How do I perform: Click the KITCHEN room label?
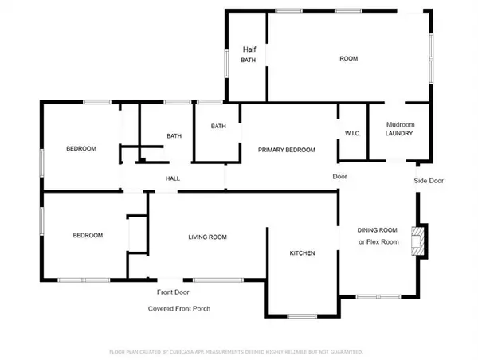pyautogui.click(x=302, y=253)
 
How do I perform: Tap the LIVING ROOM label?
pyautogui.click(x=208, y=237)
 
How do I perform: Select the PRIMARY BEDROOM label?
pyautogui.click(x=286, y=150)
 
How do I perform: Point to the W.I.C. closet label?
pyautogui.click(x=353, y=133)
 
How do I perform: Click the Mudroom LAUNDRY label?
pyautogui.click(x=399, y=129)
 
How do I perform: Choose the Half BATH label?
pyautogui.click(x=249, y=54)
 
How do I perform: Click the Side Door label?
pyautogui.click(x=429, y=181)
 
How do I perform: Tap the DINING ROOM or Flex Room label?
pyautogui.click(x=378, y=236)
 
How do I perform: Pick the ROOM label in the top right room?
pyautogui.click(x=349, y=59)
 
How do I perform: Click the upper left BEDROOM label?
pyautogui.click(x=80, y=149)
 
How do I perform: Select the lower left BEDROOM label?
pyautogui.click(x=88, y=235)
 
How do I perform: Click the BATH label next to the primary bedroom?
pyautogui.click(x=218, y=127)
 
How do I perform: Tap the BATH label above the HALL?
pyautogui.click(x=174, y=136)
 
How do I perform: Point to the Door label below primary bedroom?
pyautogui.click(x=339, y=176)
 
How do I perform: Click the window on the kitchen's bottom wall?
pyautogui.click(x=303, y=316)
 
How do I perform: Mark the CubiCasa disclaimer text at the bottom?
pyautogui.click(x=236, y=350)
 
